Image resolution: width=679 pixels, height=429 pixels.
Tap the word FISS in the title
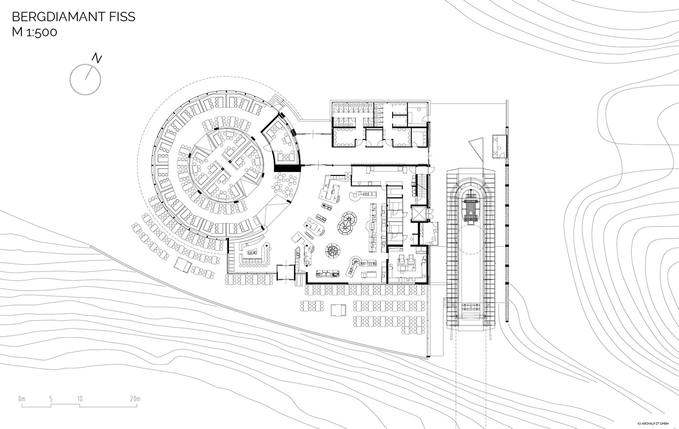[x=123, y=17]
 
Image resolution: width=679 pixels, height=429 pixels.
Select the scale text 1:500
[x=41, y=32]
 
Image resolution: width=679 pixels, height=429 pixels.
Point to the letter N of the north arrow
[x=97, y=58]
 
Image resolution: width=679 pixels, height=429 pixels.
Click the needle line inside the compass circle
[x=88, y=73]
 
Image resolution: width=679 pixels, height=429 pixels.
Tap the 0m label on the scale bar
[x=22, y=398]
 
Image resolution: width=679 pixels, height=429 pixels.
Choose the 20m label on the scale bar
[x=135, y=398]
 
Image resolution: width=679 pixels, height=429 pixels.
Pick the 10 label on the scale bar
[x=80, y=398]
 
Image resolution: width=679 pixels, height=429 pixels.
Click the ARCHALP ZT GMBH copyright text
[x=655, y=423]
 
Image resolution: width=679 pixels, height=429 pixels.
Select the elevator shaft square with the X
[x=420, y=214]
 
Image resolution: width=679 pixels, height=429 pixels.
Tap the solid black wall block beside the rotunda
[x=287, y=169]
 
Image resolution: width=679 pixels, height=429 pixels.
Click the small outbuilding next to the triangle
[x=500, y=146]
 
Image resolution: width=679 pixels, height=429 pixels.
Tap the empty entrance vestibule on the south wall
[x=285, y=273]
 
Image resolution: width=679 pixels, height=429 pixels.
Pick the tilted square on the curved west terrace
[x=183, y=265]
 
